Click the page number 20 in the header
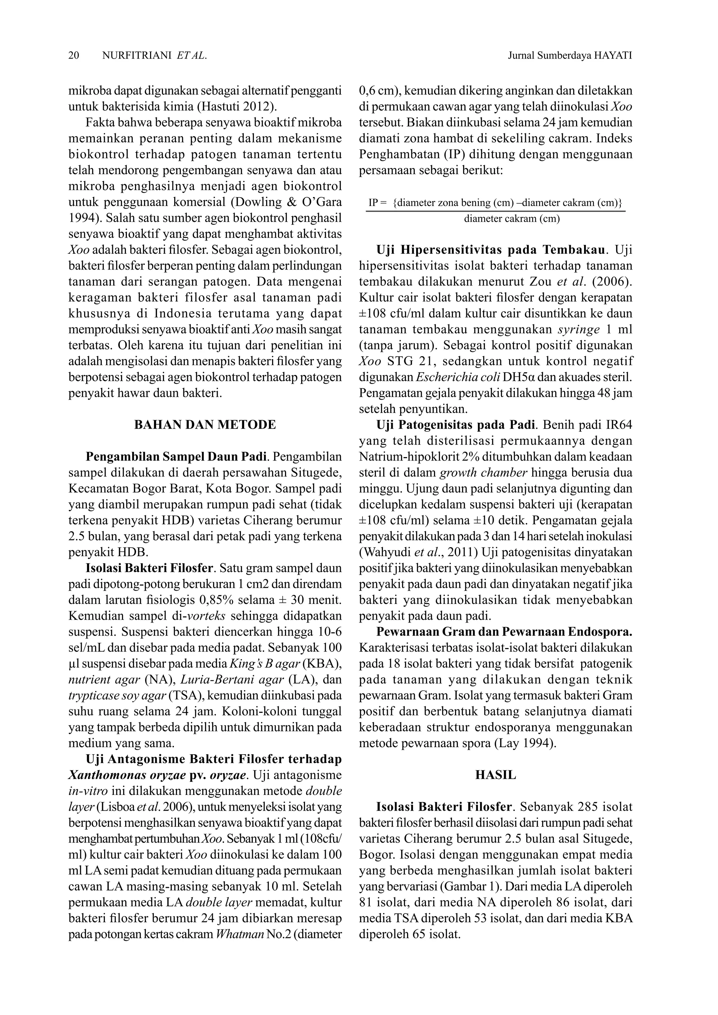coord(74,55)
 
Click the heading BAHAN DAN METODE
coord(205,425)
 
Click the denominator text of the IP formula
coord(512,219)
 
